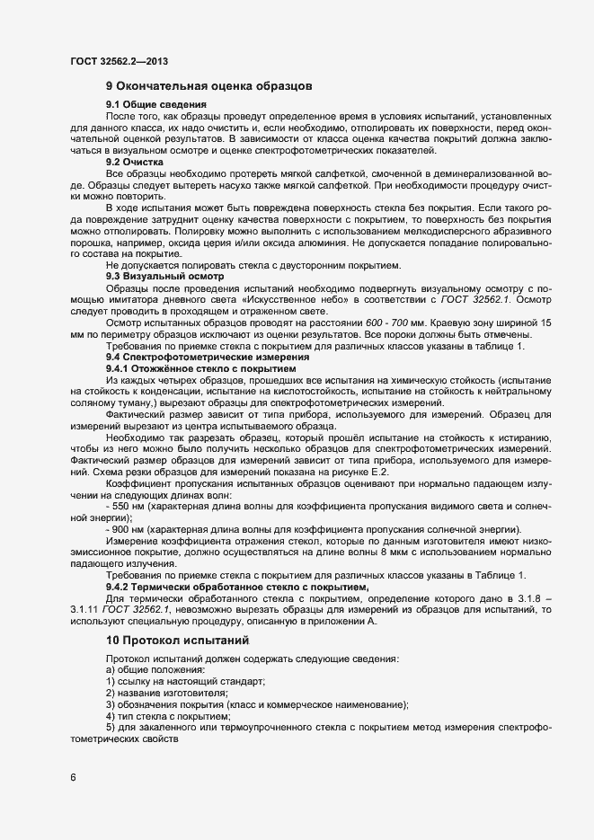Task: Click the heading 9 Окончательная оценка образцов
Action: coord(208,87)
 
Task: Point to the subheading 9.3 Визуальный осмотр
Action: coord(158,277)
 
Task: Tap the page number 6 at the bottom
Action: coord(73,777)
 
